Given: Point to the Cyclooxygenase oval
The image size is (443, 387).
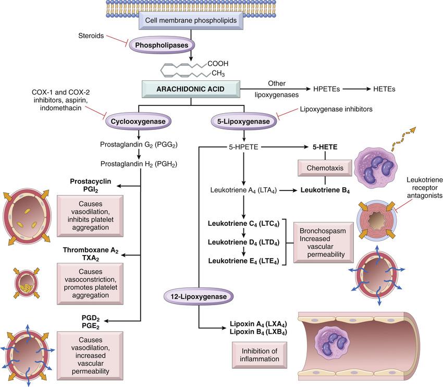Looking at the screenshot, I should pyautogui.click(x=134, y=121).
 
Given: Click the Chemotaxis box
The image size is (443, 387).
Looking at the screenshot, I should pyautogui.click(x=319, y=168).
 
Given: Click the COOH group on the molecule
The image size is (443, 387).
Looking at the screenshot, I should pyautogui.click(x=218, y=64).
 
